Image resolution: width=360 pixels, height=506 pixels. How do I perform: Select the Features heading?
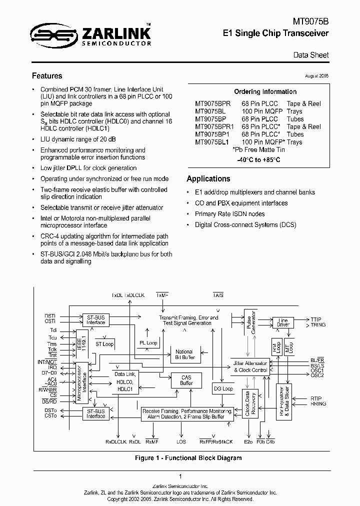(x=47, y=76)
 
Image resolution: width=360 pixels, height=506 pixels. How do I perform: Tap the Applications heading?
(x=208, y=178)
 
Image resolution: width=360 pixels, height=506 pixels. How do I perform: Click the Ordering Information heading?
(x=265, y=91)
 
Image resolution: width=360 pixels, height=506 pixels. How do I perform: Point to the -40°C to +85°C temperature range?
(x=258, y=160)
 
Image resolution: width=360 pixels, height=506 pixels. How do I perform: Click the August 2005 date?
(x=316, y=75)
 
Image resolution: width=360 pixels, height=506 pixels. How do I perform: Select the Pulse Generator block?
(x=249, y=322)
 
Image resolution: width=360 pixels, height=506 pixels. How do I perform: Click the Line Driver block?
(x=283, y=322)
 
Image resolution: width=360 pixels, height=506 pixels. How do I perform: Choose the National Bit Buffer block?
(x=184, y=355)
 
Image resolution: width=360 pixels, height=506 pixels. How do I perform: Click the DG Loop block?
(x=223, y=388)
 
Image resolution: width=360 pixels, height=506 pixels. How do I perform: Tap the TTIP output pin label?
(x=316, y=319)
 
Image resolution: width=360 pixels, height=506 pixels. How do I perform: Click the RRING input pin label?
(x=318, y=403)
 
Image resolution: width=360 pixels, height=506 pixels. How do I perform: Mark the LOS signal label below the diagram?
(x=181, y=442)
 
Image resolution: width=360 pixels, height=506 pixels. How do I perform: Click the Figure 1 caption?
(x=188, y=458)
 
